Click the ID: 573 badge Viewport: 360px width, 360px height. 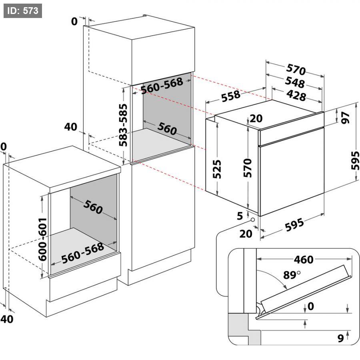coord(23,11)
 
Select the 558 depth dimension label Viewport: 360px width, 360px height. coord(231,96)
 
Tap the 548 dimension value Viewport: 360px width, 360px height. coord(295,82)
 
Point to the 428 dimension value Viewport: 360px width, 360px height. coord(296,95)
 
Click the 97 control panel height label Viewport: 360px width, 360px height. coord(345,118)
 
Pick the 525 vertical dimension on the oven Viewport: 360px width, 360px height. coord(217,169)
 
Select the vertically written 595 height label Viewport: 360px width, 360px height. coord(355,160)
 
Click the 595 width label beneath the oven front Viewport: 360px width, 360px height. coord(294,225)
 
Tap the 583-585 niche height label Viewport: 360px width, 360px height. coord(123,125)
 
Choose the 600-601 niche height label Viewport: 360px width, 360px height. coord(42,240)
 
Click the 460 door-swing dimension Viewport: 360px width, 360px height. coord(304,260)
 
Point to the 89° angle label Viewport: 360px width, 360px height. coord(292,274)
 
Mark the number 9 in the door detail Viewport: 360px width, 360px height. coord(341,338)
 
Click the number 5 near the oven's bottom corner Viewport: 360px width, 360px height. coord(240,216)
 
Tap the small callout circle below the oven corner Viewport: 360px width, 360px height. coord(253,220)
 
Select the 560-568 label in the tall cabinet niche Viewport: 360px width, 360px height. coord(162,86)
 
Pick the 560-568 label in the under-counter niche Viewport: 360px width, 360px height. coord(83,252)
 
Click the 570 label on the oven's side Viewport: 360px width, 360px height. coord(248,168)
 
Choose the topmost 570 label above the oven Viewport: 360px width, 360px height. coord(296,69)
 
